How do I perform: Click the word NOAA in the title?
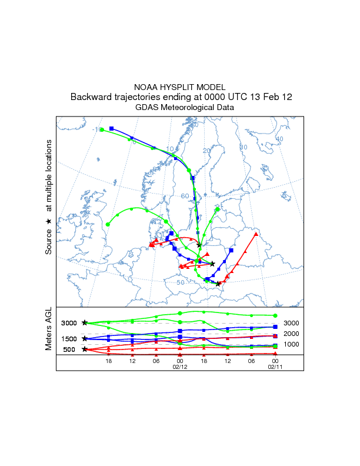pos(146,86)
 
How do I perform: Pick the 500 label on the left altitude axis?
pos(69,349)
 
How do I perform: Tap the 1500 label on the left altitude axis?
pos(69,339)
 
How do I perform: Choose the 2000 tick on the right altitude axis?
pos(291,334)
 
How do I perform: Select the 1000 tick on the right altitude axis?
pos(291,344)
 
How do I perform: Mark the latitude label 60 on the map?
pos(185,196)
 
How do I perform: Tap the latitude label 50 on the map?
pos(181,283)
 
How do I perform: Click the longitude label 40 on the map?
pos(279,139)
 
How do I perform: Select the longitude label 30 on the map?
pos(244,147)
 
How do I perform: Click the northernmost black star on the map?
pos(199,245)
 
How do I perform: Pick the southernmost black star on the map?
pos(218,284)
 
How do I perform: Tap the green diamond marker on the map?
pos(218,209)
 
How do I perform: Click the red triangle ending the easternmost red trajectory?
pos(256,234)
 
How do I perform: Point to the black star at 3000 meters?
pos(85,323)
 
